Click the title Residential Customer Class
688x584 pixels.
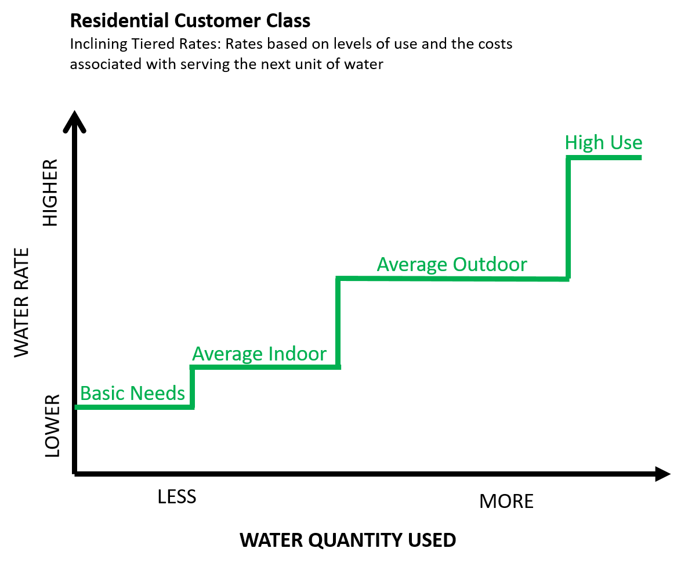point(190,21)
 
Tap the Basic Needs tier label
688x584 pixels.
point(132,393)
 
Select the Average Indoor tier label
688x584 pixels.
point(259,354)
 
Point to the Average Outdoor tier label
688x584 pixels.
point(452,264)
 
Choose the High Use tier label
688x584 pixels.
point(603,142)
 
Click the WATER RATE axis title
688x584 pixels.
point(21,302)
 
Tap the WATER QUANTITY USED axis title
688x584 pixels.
point(348,540)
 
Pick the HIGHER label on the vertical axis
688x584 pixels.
point(50,192)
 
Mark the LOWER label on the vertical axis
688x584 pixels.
point(52,426)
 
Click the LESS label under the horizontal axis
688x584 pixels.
point(177,496)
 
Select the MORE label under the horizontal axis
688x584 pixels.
point(506,501)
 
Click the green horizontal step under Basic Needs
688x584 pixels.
point(135,408)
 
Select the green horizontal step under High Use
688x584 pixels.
point(604,157)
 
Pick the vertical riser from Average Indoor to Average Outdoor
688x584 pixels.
point(338,323)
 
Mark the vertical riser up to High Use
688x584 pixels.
point(568,218)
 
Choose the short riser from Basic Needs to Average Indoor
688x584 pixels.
point(192,387)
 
